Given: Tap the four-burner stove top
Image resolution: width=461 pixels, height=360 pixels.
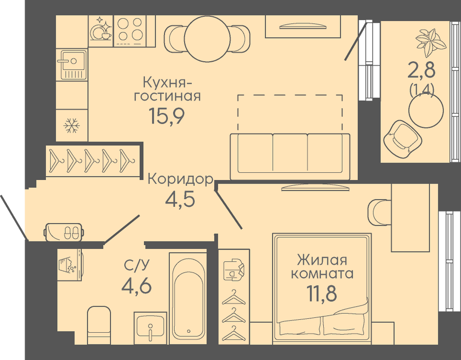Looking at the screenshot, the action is [130, 31].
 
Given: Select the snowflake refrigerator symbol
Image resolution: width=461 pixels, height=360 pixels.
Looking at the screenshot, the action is [71, 125].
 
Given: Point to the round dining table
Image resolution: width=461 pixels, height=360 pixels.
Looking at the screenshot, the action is [207, 39].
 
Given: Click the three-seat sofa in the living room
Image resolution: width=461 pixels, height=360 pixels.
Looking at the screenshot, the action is [290, 156].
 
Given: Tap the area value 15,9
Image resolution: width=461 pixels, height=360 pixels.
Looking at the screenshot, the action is [167, 116].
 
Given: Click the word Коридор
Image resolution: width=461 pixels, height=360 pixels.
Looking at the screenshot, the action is [180, 178].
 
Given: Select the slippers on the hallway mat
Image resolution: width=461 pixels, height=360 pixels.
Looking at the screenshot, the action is [71, 232].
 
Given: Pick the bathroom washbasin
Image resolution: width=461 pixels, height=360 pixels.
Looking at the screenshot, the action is [150, 328].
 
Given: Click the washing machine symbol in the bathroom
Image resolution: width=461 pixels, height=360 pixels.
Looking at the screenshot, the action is [69, 264].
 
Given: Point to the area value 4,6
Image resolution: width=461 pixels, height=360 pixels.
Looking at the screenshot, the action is [136, 285].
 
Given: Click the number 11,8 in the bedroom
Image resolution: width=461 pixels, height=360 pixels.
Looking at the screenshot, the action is [321, 293].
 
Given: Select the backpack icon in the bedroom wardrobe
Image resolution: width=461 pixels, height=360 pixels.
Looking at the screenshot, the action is [234, 269].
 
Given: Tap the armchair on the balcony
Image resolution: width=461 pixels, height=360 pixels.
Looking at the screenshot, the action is [403, 138].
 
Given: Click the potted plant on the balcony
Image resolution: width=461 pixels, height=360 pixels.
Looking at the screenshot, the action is [431, 42].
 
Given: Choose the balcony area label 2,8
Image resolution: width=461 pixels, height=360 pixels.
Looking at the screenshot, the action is [421, 70].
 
